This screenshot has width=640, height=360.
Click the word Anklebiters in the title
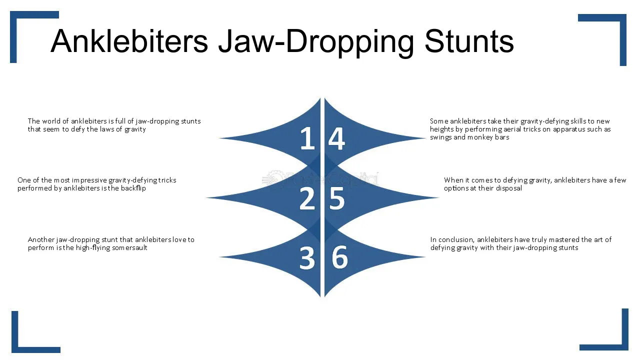pos(129,41)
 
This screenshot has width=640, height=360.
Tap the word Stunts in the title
pos(469,41)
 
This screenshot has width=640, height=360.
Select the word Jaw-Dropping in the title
pos(316,43)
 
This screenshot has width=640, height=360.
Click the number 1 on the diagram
pos(307,138)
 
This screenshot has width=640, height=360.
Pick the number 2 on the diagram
pos(307,198)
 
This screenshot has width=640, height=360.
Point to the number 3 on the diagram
pos(307,258)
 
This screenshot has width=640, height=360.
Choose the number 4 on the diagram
pos(336,138)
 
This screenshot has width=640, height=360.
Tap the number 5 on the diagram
pos(337,198)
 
